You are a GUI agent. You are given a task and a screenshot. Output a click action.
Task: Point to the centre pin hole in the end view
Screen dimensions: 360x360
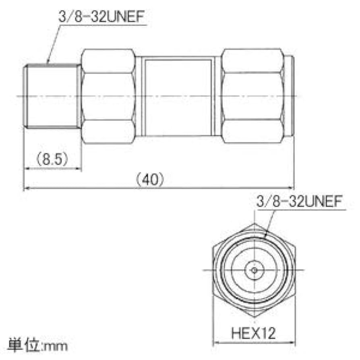pyautogui.click(x=254, y=269)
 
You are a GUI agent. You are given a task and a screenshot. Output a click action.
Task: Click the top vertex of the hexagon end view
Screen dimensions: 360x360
pyautogui.click(x=254, y=223)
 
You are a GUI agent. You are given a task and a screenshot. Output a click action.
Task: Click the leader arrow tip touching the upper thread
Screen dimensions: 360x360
pyautogui.click(x=48, y=64)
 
